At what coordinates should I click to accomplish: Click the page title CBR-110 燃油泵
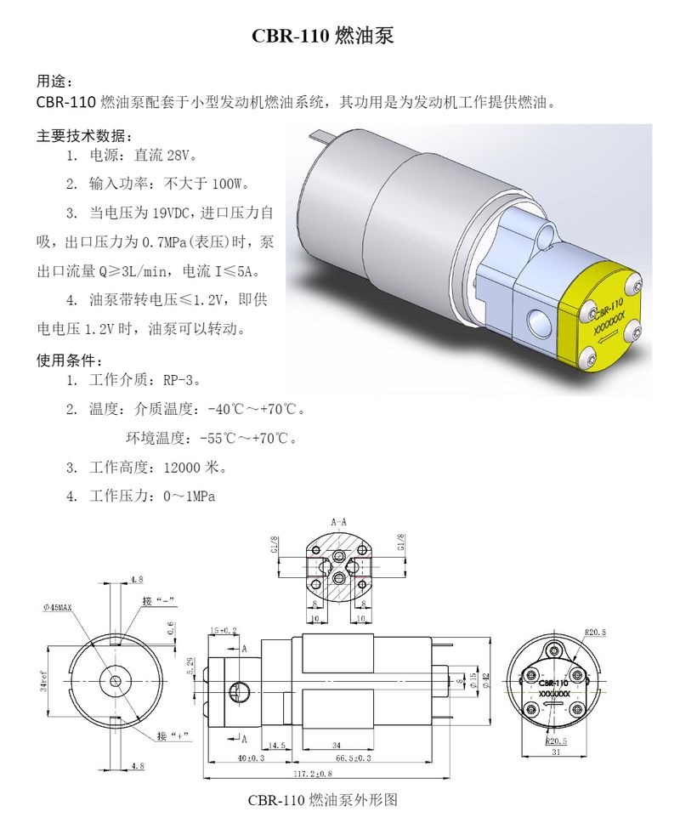pyautogui.click(x=323, y=37)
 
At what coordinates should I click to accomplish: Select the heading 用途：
pyautogui.click(x=54, y=82)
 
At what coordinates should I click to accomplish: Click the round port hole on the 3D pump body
pyautogui.click(x=539, y=322)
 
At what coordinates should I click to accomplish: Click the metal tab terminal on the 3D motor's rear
pyautogui.click(x=320, y=134)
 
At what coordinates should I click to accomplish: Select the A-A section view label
pyautogui.click(x=339, y=521)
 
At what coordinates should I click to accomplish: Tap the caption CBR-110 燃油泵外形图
pyautogui.click(x=323, y=800)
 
